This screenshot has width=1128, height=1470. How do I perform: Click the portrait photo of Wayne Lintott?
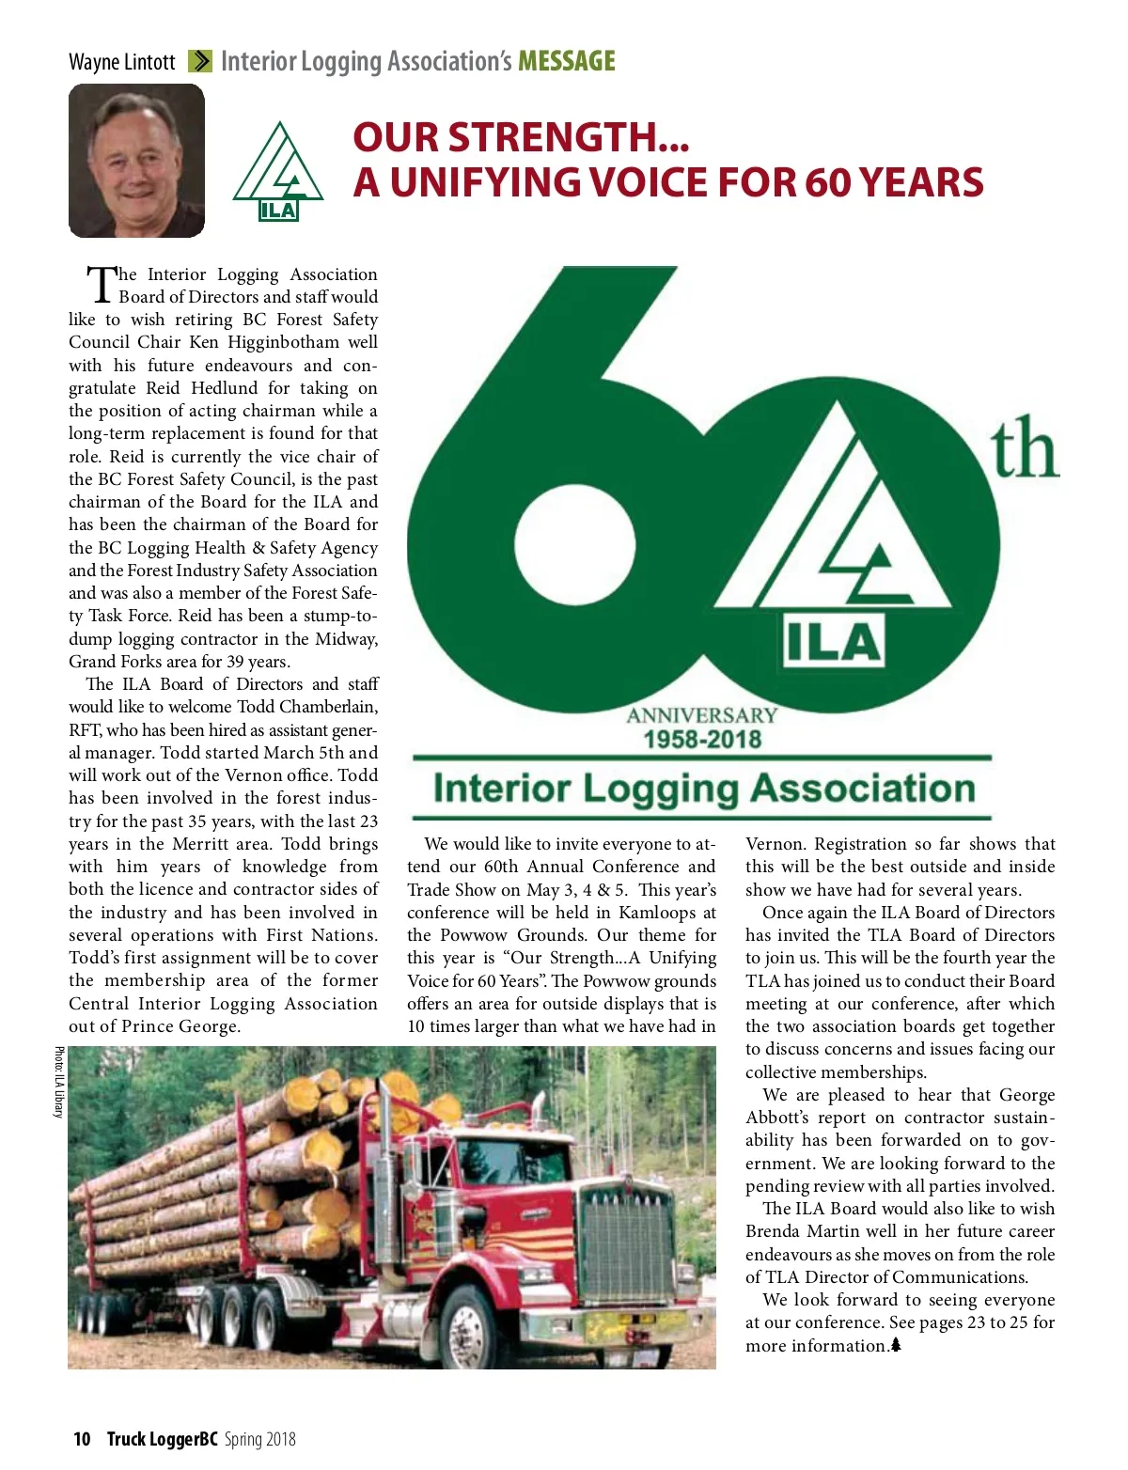(136, 161)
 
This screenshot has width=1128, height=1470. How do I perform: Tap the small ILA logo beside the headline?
(277, 172)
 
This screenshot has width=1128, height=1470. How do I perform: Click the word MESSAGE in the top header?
(567, 62)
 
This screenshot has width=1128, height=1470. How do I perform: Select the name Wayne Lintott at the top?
(121, 62)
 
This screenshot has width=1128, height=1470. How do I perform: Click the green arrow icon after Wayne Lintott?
(199, 62)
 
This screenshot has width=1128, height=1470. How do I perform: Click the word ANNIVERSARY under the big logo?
(702, 715)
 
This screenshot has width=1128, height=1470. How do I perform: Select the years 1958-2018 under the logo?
(702, 740)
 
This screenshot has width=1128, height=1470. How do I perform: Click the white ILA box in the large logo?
(834, 642)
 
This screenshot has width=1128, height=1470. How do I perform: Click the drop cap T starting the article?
(101, 284)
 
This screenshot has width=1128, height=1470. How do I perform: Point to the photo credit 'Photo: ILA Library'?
(58, 1082)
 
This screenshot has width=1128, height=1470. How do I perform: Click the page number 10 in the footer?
(82, 1439)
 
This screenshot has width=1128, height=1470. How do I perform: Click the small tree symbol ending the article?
(896, 1345)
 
